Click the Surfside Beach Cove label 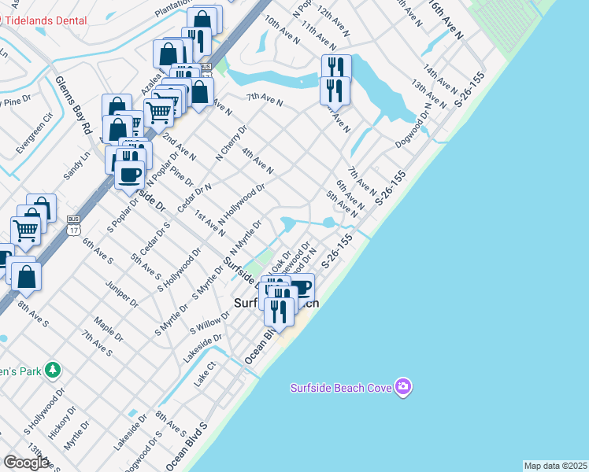tap(341, 387)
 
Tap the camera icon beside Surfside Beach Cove tap(404, 387)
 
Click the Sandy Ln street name tap(77, 165)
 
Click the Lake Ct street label tap(205, 380)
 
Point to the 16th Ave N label tap(446, 19)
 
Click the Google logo tap(26, 463)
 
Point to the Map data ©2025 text tap(556, 466)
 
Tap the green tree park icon tap(53, 368)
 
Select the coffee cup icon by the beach tap(301, 288)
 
